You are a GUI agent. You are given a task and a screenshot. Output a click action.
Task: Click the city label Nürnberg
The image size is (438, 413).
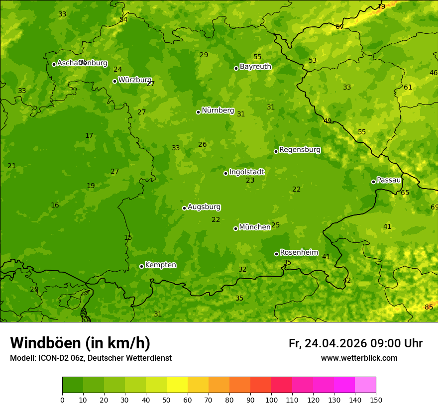218,110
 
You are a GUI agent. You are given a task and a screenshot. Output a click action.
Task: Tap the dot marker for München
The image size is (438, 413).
235,228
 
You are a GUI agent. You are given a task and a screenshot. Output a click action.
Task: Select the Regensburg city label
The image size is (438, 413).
300,150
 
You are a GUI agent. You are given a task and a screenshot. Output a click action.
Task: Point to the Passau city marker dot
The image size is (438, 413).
373,182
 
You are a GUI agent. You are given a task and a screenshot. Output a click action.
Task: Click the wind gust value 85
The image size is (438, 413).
429,307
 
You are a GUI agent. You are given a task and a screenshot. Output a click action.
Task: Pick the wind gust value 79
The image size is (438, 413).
381,6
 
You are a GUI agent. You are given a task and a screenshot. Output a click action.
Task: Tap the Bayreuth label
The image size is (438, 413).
255,67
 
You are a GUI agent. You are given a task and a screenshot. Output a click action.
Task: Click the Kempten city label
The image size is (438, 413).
160,265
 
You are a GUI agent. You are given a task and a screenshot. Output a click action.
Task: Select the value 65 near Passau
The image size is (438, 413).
405,193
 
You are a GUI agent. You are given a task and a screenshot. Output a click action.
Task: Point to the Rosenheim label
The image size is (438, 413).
299,253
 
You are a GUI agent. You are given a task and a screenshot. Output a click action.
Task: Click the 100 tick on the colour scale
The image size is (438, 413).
271,400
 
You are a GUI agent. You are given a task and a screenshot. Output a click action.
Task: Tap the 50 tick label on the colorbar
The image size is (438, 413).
167,400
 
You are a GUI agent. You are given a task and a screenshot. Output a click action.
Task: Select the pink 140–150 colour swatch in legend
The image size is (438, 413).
365,385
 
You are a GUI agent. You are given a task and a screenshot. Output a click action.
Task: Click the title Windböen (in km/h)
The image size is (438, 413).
80,343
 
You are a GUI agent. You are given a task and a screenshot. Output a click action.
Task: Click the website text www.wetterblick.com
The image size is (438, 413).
359,358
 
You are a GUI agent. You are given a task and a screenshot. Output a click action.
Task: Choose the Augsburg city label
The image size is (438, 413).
204,207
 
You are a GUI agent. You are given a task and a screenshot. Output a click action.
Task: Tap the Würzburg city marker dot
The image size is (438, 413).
114,81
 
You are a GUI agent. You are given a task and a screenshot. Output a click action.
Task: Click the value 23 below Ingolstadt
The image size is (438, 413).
250,180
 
